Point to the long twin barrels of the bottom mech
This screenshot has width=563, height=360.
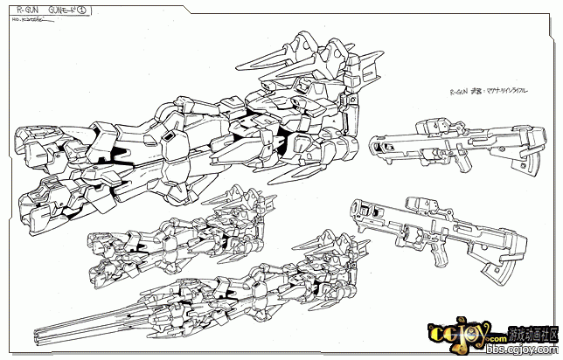pos(70,327)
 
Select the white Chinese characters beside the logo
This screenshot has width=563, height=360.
pos(531,336)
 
